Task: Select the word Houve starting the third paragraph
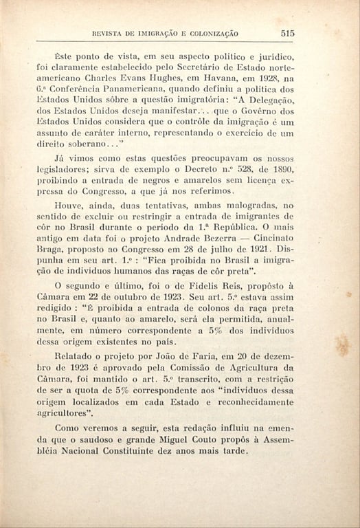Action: coord(69,206)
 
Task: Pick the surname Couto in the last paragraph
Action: coord(205,439)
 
